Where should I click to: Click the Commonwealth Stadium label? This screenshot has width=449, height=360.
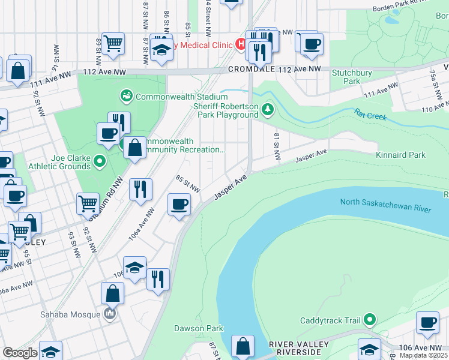[x=178, y=96]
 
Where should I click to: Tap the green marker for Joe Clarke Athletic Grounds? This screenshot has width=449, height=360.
[x=100, y=161]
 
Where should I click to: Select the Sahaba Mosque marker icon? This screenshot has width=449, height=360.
[x=109, y=313]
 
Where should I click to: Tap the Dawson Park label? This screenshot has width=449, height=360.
[x=199, y=328]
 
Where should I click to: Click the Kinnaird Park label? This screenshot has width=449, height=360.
[x=400, y=155]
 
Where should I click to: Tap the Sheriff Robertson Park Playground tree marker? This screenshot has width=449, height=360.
[x=268, y=109]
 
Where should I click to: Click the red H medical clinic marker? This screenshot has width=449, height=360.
[x=240, y=44]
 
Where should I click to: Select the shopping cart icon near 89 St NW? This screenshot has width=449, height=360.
[x=113, y=43]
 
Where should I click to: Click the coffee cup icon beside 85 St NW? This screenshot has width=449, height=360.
[x=179, y=205]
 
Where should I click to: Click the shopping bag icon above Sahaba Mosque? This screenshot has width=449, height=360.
[x=112, y=293]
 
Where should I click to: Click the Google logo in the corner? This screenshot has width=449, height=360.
[x=19, y=353]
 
